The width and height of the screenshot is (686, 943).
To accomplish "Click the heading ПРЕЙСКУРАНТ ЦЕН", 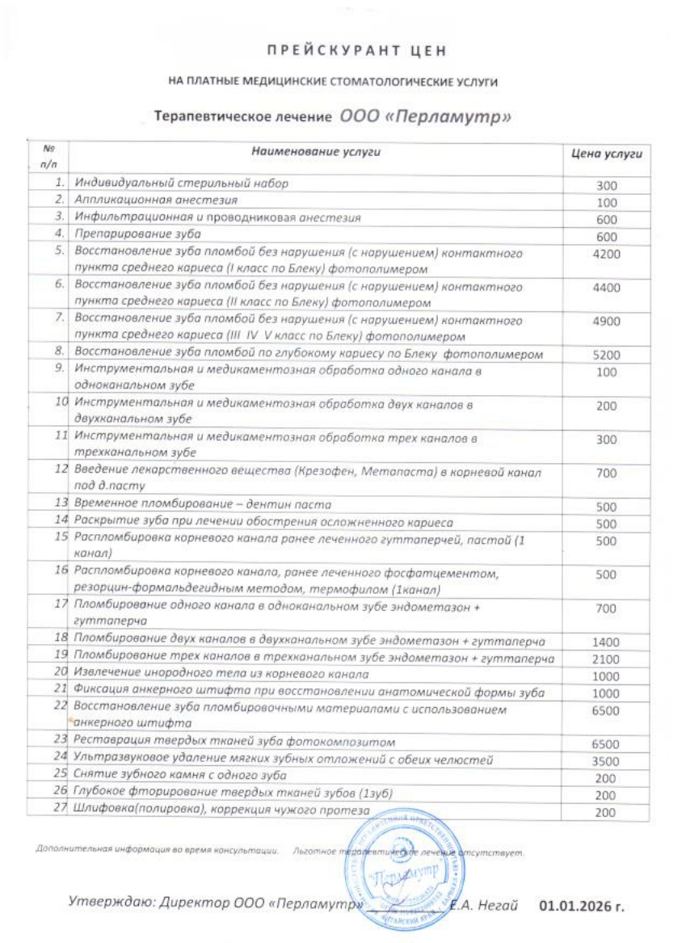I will tap(357, 51).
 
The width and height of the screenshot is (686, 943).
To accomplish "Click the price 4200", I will tap(606, 255).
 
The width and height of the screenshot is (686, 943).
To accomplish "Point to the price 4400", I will tap(606, 288).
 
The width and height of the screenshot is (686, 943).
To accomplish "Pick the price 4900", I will tap(606, 322).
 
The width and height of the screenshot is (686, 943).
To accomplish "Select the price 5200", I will tap(606, 355).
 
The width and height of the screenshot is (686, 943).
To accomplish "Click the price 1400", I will tap(606, 642).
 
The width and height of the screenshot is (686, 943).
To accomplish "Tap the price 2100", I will tap(606, 659).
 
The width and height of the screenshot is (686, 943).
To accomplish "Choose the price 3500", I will tap(606, 761).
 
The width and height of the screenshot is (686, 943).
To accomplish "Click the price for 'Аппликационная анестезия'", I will tap(606, 203).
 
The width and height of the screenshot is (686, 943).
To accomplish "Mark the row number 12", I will tap(60, 469).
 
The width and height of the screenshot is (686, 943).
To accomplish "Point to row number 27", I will tap(59, 810).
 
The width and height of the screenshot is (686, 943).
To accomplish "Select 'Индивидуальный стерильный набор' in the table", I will tap(181, 183).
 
